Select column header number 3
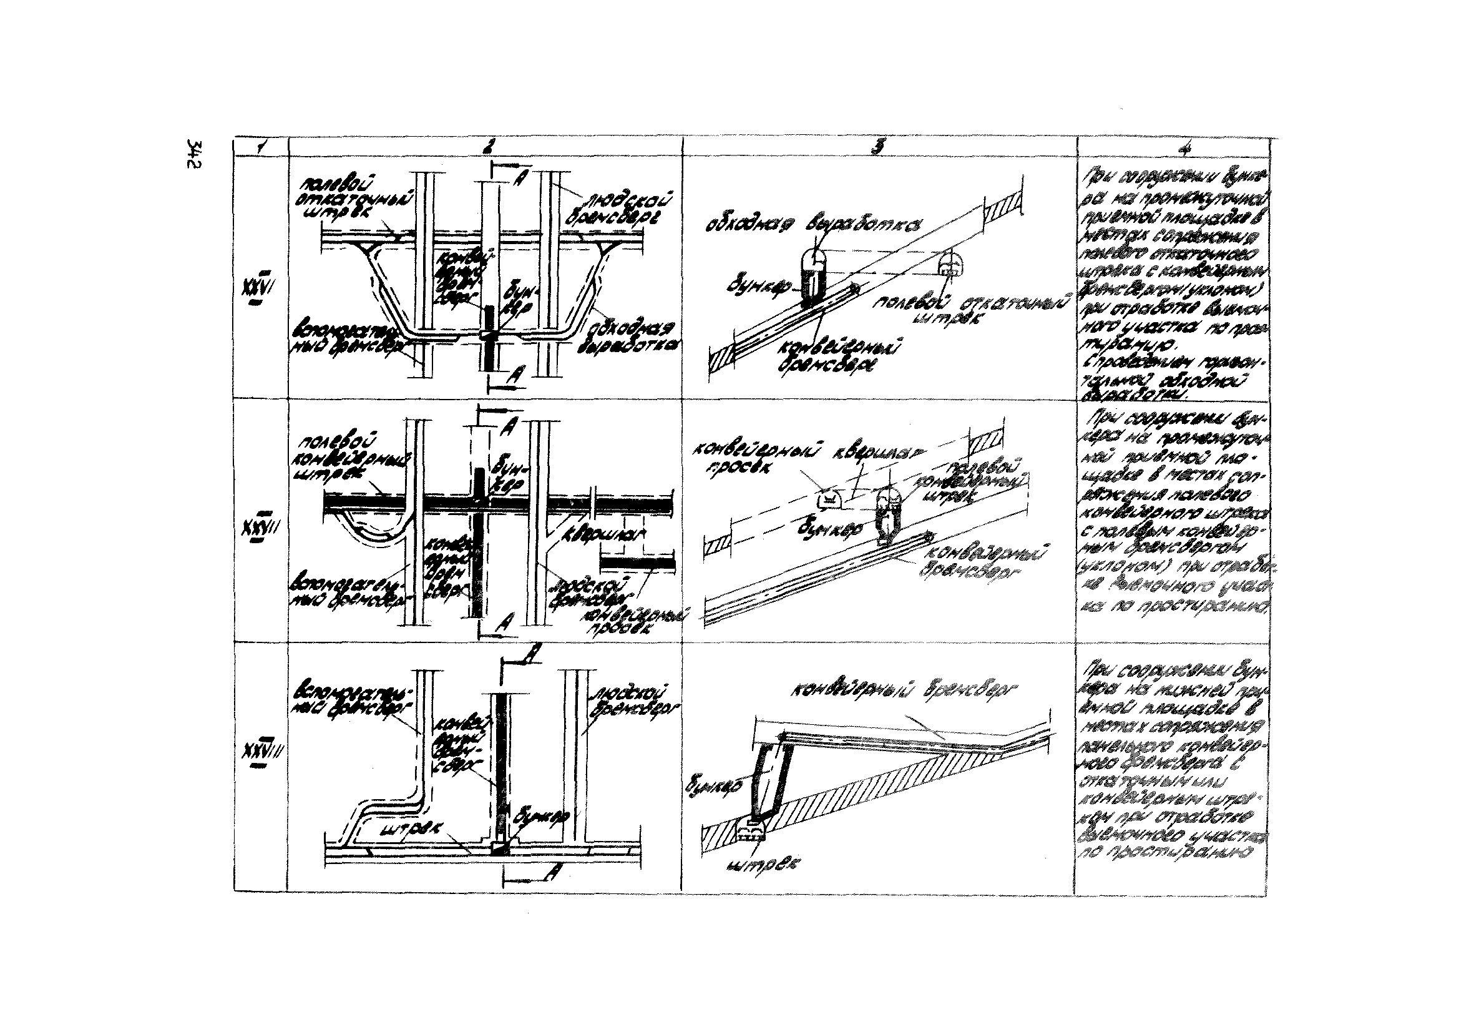877,147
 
